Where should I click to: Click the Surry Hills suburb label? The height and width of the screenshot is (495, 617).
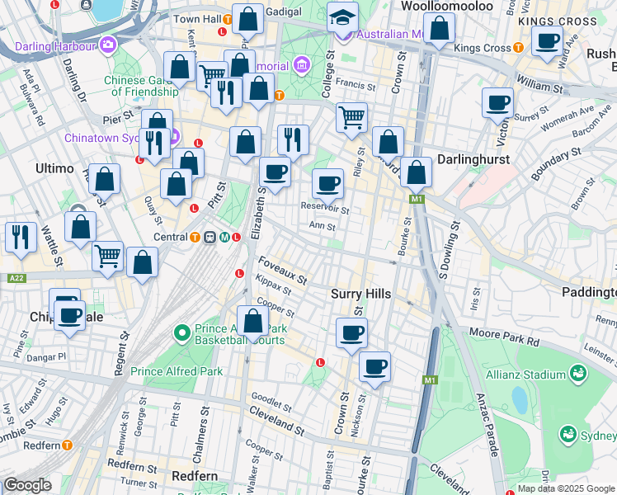360,294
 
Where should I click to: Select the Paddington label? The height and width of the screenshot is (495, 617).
588,292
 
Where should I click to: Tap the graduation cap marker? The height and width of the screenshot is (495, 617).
341,17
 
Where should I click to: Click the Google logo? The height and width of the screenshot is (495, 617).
27,485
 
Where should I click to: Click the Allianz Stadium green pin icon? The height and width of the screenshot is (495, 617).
578,374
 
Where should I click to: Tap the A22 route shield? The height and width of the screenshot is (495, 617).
16,278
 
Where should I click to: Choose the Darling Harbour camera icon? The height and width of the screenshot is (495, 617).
106,43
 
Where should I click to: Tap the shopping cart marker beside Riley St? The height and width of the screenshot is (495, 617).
352,118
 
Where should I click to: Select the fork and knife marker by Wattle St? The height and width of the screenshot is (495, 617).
20,237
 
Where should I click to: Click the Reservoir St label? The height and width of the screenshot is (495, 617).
324,210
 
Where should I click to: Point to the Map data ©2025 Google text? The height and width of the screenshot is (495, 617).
565,488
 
